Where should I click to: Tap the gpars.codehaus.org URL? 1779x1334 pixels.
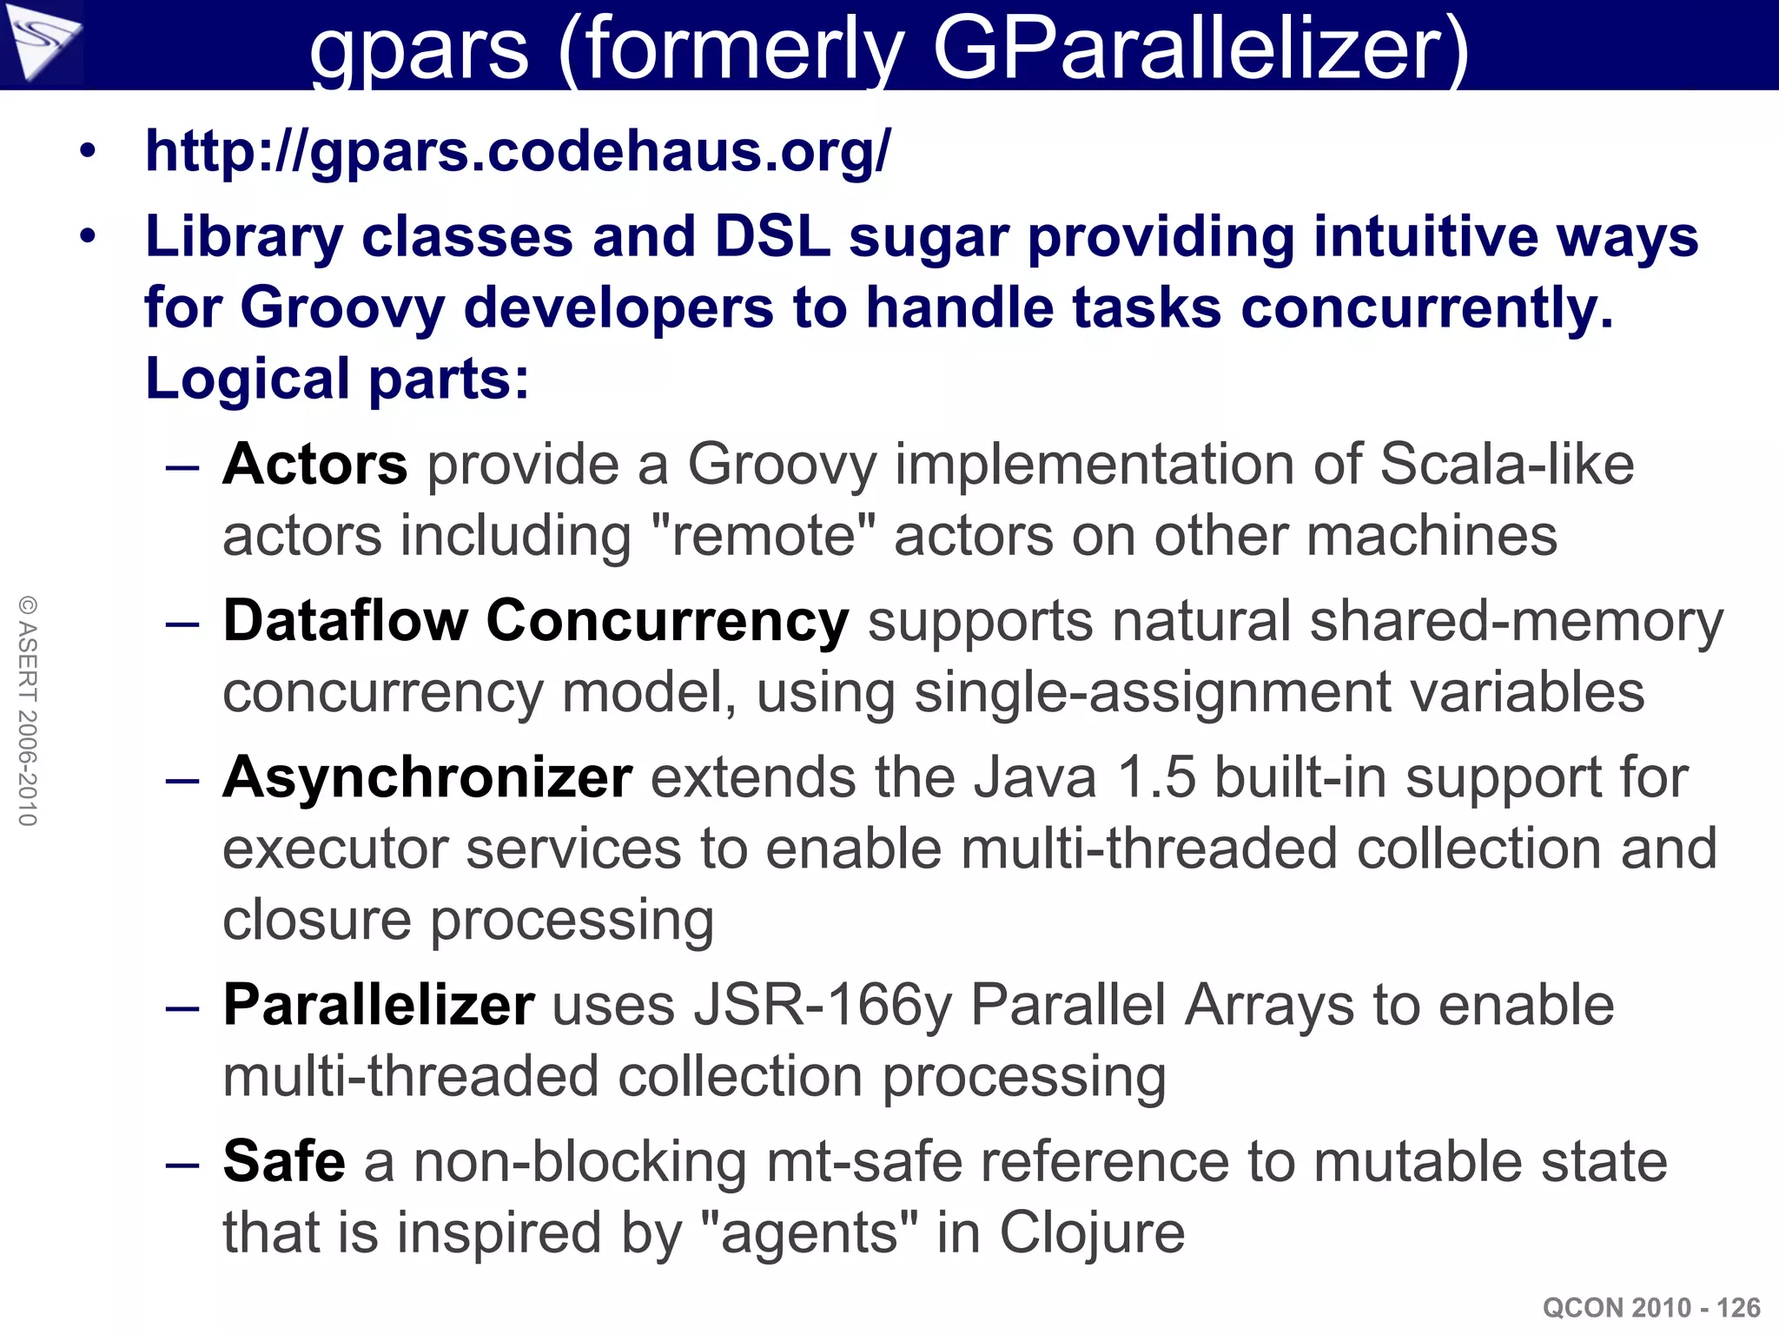[518, 151]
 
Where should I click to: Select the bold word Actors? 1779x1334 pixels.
[314, 465]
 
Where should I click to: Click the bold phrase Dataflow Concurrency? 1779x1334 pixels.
[535, 622]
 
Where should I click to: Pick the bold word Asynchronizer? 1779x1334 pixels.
[427, 777]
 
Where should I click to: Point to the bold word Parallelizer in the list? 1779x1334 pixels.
[378, 1006]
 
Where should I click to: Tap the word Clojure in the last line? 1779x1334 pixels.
[1092, 1232]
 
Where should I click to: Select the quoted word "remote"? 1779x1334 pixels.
[763, 536]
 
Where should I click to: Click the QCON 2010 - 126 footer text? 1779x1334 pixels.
[1650, 1307]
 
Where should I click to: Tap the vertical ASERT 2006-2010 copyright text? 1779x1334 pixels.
[28, 710]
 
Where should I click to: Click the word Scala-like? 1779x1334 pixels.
[1506, 465]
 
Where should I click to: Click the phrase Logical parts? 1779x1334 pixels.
[337, 380]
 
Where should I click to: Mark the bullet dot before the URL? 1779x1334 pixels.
[87, 153]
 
